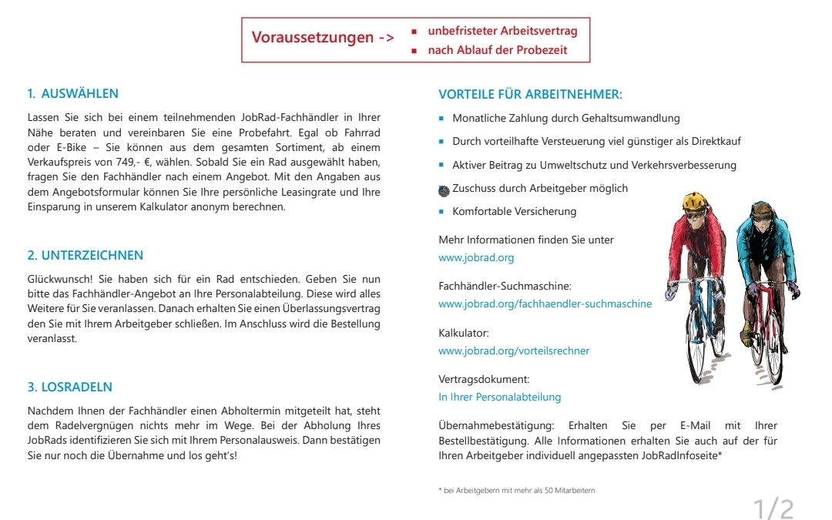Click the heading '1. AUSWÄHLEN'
72,94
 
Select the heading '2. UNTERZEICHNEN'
86,256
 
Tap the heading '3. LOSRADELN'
70,387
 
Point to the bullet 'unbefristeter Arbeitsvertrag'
502,32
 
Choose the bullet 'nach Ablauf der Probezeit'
497,50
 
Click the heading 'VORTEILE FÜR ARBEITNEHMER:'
530,95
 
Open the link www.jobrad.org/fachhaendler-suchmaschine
545,304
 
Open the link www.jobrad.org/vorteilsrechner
514,351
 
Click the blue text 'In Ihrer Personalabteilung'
499,398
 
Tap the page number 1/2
773,509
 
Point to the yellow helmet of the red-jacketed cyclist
694,201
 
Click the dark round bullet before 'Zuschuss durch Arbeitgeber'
442,190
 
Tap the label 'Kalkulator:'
464,333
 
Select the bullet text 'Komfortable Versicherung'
514,212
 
